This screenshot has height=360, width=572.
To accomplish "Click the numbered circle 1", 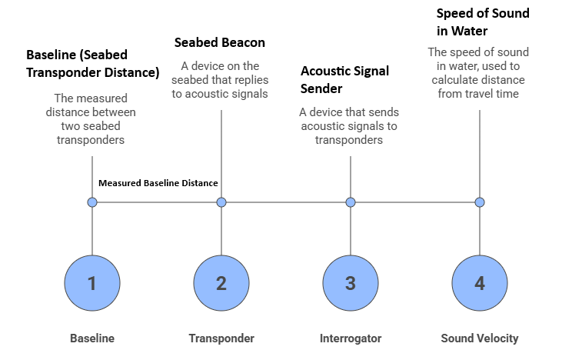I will tap(92, 283).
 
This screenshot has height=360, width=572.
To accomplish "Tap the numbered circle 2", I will tap(221, 283).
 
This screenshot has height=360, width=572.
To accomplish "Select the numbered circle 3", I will tap(351, 283).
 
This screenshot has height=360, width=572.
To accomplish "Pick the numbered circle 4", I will tap(480, 283).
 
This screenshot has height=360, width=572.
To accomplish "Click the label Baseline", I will tap(92, 338).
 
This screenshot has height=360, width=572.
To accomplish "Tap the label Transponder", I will tap(221, 338).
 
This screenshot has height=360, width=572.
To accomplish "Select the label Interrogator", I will tap(351, 338).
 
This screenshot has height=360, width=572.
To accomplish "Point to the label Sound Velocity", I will tap(480, 338).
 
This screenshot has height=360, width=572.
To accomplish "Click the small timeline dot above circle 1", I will tap(92, 202).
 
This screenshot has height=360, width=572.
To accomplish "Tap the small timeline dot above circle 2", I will tap(221, 202).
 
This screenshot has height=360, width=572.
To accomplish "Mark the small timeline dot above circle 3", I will tap(351, 202).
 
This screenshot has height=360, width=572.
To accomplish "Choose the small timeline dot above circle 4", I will tap(480, 202).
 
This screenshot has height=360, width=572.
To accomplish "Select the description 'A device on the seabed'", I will tap(221, 80).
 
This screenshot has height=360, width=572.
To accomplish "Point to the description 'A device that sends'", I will tap(351, 126).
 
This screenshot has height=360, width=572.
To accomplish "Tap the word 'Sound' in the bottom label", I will tap(457, 338).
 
